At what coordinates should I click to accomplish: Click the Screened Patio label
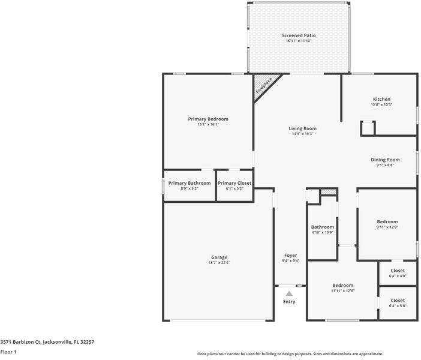[299, 35]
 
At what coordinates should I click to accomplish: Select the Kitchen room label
[381, 99]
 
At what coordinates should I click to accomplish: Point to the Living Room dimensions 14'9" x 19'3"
[302, 134]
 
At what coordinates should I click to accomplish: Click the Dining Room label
[382, 159]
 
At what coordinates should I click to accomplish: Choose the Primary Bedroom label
[208, 119]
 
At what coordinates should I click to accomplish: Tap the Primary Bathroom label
[190, 183]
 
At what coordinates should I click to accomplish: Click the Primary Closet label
[234, 183]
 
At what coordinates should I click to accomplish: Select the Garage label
[218, 257]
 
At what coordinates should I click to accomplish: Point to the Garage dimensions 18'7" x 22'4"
[218, 262]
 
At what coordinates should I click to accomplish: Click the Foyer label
[290, 255]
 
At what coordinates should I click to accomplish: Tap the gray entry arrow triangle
[289, 293]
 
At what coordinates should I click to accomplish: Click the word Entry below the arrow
[289, 301]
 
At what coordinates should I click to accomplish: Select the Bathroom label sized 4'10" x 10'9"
[322, 227]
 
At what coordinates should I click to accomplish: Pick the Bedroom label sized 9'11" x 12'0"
[387, 221]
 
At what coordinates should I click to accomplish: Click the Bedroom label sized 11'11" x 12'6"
[342, 285]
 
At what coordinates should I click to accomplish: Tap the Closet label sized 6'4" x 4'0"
[398, 271]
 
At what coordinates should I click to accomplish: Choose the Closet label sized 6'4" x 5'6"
[398, 300]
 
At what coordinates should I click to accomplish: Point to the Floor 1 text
[8, 352]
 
